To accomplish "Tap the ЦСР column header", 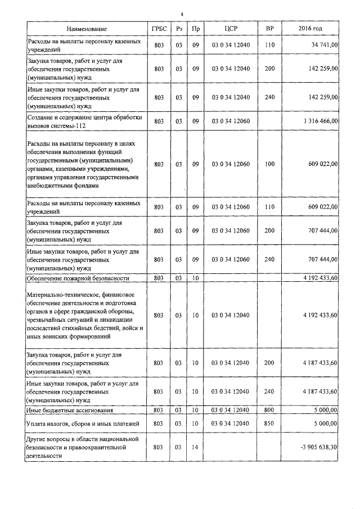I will [x=231, y=28].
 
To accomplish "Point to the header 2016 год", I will [x=310, y=28].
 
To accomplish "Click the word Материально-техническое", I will [x=60, y=294].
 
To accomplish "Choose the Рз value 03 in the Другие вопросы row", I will [x=178, y=448].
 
